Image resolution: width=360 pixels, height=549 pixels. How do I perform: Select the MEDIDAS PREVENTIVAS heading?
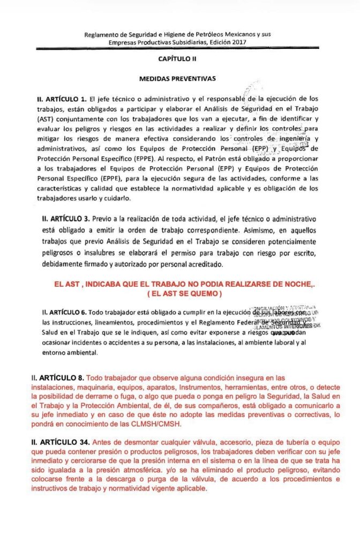coord(177,78)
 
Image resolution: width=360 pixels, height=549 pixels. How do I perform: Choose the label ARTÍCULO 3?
coord(66,219)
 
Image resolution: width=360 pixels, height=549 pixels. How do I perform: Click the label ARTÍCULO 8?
coord(61,377)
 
